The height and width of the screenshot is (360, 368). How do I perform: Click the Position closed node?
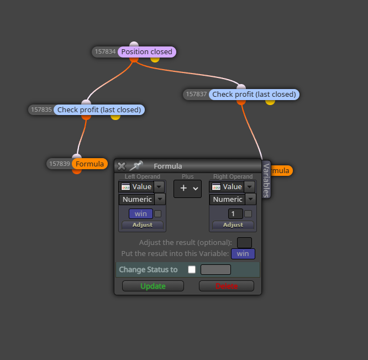[146, 51]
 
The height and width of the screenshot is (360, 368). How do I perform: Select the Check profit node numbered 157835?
[99, 109]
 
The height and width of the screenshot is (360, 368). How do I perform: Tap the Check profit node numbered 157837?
[254, 95]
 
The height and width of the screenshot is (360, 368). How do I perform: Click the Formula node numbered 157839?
[90, 164]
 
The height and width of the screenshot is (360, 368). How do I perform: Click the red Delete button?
[227, 286]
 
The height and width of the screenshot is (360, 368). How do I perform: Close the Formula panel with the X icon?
[122, 166]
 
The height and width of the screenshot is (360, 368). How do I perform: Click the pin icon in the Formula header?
[136, 165]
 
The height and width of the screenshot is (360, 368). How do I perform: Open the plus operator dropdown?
[187, 189]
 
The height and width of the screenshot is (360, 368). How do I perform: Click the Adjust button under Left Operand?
[143, 225]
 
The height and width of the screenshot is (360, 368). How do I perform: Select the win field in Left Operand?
[141, 213]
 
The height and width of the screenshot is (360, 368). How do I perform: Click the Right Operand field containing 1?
[235, 213]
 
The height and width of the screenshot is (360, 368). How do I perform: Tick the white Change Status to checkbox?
[192, 270]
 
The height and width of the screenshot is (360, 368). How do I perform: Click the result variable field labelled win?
[243, 254]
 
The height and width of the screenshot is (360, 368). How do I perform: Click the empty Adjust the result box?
[244, 243]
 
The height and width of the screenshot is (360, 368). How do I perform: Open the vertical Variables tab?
[266, 180]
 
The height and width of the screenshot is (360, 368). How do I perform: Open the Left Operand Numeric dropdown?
[142, 199]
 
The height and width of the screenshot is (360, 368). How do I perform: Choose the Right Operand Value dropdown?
[233, 187]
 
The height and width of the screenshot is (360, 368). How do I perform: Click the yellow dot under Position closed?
[155, 60]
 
